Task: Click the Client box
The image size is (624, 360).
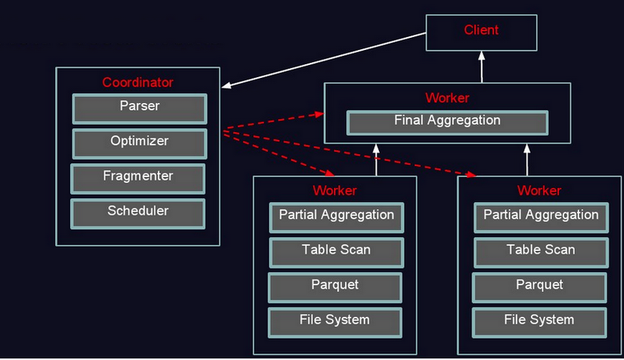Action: coord(481,33)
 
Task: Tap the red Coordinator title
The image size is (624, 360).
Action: coord(138,82)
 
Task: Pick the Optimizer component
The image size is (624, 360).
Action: coord(139,143)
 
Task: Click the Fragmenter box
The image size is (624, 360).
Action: coord(138,178)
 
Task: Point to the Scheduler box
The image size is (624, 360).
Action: coord(138,213)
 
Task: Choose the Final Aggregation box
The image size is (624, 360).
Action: coord(447,122)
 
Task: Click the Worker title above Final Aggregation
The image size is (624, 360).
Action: coord(447,98)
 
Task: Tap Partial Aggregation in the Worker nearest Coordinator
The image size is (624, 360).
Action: coord(336,217)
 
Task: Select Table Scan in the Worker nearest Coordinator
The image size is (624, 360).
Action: coord(336,252)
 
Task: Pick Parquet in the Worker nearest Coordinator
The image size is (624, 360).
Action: coord(334,287)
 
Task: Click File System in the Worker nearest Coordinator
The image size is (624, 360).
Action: coord(334,321)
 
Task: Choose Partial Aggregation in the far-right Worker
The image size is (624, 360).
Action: coord(541,217)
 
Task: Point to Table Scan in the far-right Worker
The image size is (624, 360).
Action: coord(541,252)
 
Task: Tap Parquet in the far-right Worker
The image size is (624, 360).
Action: coord(539,287)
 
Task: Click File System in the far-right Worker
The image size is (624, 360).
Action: coord(539,321)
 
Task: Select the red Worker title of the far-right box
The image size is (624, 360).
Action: coord(539,191)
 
